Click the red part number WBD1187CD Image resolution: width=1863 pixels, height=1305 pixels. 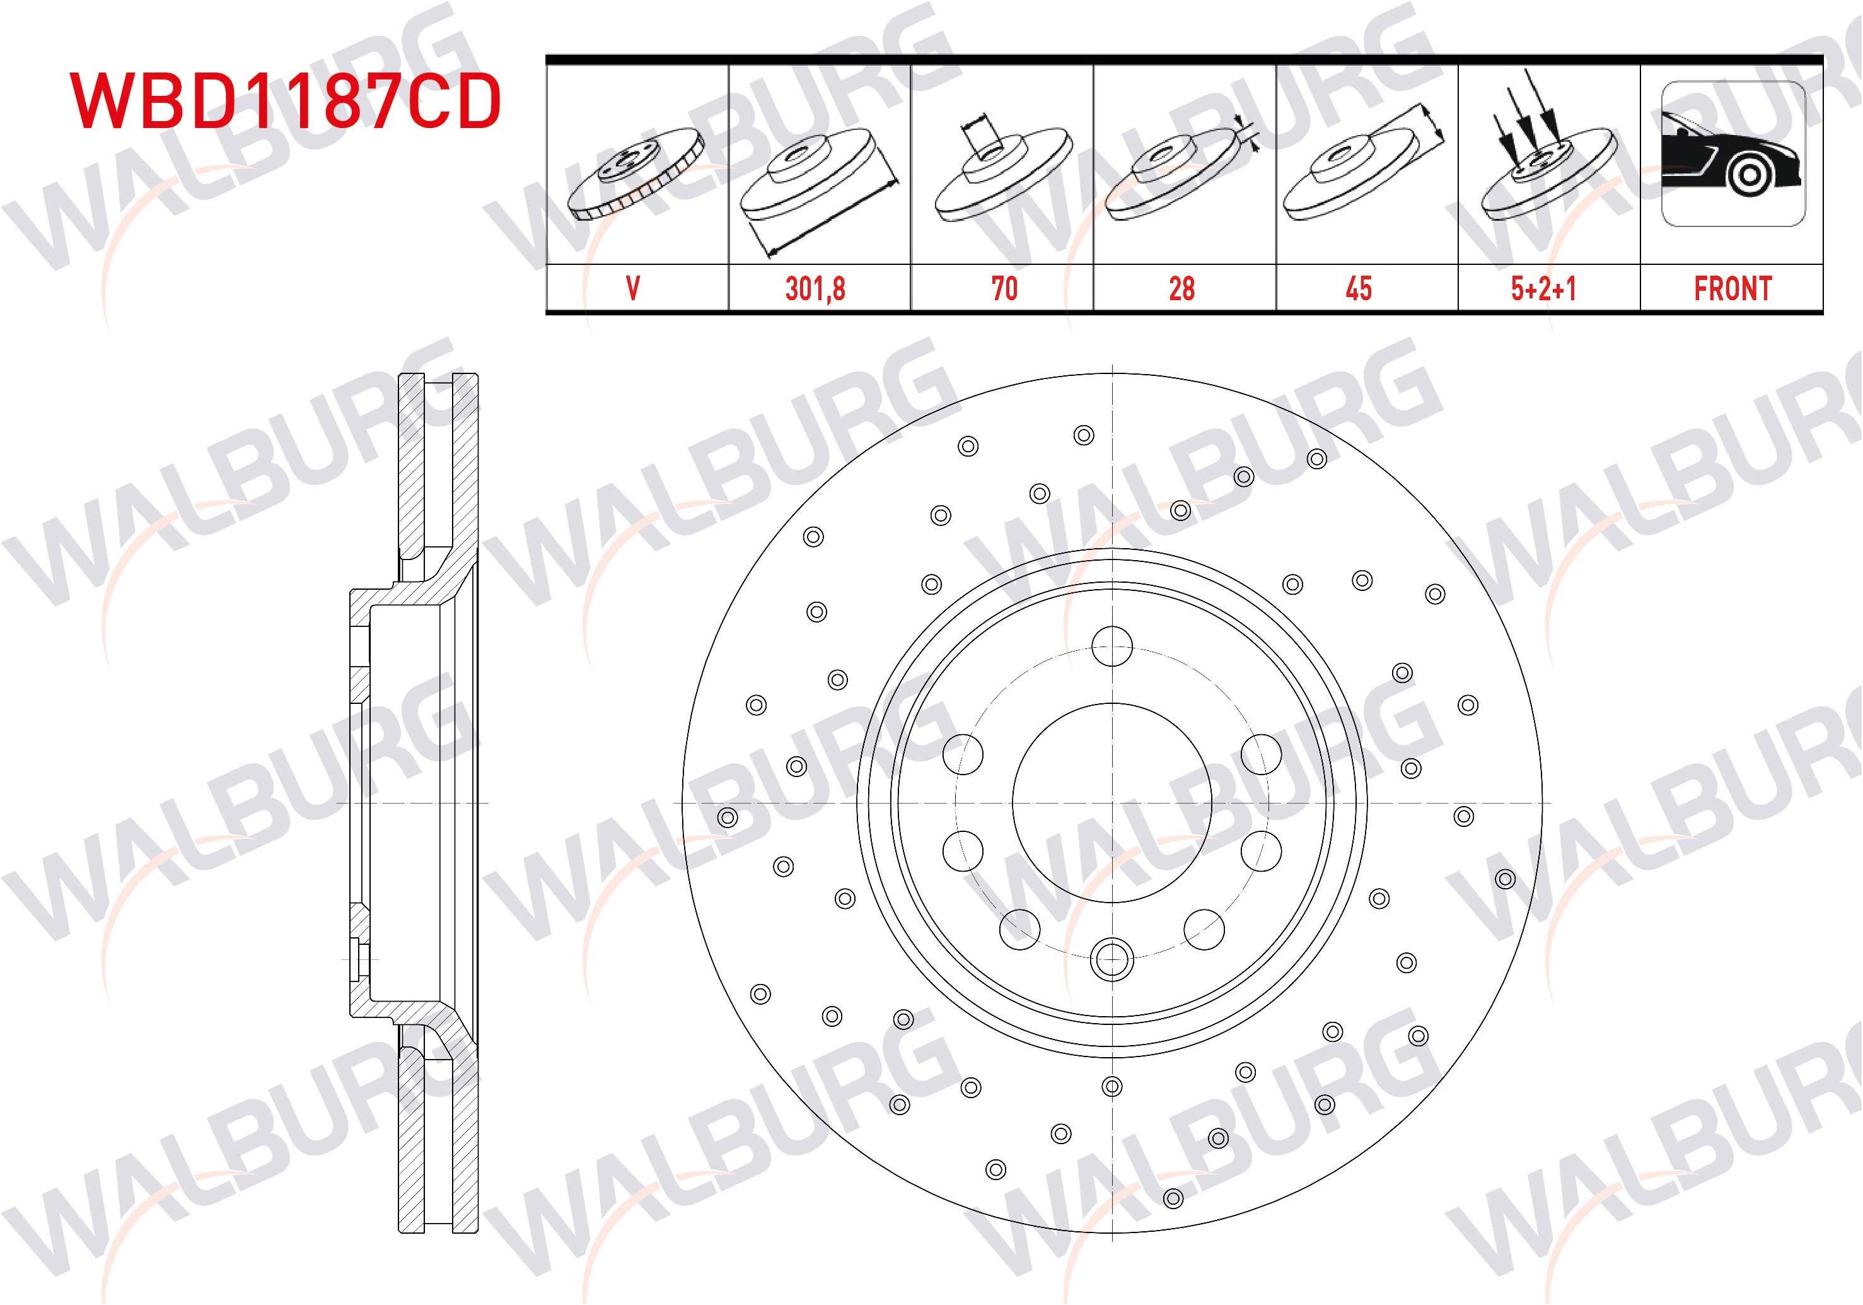(x=286, y=102)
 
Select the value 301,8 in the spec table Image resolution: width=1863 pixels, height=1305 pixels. (x=815, y=289)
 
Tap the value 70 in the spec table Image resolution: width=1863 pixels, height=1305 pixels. (x=1004, y=289)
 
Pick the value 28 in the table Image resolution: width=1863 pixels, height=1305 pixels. (x=1181, y=289)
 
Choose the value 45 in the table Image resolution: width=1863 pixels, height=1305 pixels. (x=1359, y=289)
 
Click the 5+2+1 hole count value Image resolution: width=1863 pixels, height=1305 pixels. (x=1543, y=289)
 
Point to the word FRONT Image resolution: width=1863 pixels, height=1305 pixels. (x=1732, y=289)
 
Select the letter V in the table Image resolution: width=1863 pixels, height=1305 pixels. (x=633, y=289)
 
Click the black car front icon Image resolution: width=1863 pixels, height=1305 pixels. (x=1733, y=153)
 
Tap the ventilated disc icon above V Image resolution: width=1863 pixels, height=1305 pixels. (x=636, y=173)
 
